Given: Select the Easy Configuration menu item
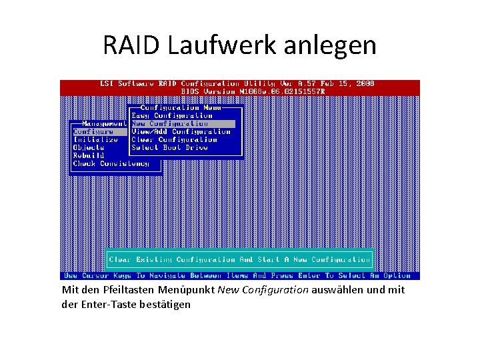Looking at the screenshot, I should tap(172, 115).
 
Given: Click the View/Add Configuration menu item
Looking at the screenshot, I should tap(181, 131).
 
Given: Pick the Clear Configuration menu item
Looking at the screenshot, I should tap(174, 139).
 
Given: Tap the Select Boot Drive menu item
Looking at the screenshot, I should tap(169, 147).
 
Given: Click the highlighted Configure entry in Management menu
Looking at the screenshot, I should tap(93, 131).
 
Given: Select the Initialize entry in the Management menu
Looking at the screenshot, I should tap(95, 139).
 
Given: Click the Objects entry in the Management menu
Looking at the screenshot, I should tap(89, 147).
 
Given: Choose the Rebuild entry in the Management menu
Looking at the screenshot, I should tap(89, 155).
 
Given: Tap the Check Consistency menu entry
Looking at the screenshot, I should tap(111, 163).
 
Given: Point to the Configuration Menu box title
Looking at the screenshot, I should tap(179, 107).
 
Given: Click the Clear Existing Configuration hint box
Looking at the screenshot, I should tap(239, 259).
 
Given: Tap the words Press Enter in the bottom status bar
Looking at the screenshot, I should tap(291, 275).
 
